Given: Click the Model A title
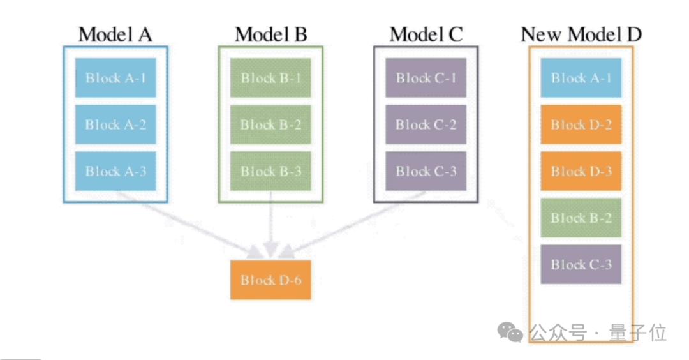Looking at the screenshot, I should click(115, 34).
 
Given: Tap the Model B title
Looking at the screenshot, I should click(270, 34).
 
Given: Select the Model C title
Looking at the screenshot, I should click(426, 34).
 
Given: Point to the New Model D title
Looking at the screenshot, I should click(581, 34).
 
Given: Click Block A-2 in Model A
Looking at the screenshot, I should click(115, 124).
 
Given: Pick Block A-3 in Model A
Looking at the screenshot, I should click(115, 171).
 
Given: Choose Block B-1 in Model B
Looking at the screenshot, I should click(270, 78).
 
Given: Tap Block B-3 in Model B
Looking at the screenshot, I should click(270, 171).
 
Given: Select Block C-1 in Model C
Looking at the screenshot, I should click(426, 78).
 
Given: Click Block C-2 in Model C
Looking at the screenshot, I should click(426, 124).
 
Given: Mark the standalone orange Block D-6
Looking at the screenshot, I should click(270, 280).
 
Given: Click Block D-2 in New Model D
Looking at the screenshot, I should click(581, 124).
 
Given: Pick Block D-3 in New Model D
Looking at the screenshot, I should click(581, 171).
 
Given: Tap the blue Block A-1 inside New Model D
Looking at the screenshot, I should click(581, 78).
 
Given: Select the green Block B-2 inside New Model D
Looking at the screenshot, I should click(581, 218).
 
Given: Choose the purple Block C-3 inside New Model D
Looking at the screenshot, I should click(581, 264).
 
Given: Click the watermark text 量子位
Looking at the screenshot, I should click(637, 333).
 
